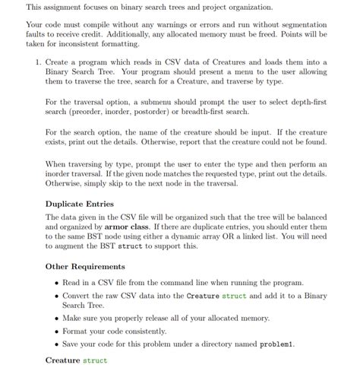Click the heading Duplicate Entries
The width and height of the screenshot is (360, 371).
[x=80, y=204]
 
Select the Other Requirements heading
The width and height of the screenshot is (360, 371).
[x=85, y=267]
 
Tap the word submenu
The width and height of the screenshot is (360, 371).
[x=178, y=101]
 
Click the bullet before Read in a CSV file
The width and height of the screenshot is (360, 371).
[x=57, y=282]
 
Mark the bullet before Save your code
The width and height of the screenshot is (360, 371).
[x=57, y=345]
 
